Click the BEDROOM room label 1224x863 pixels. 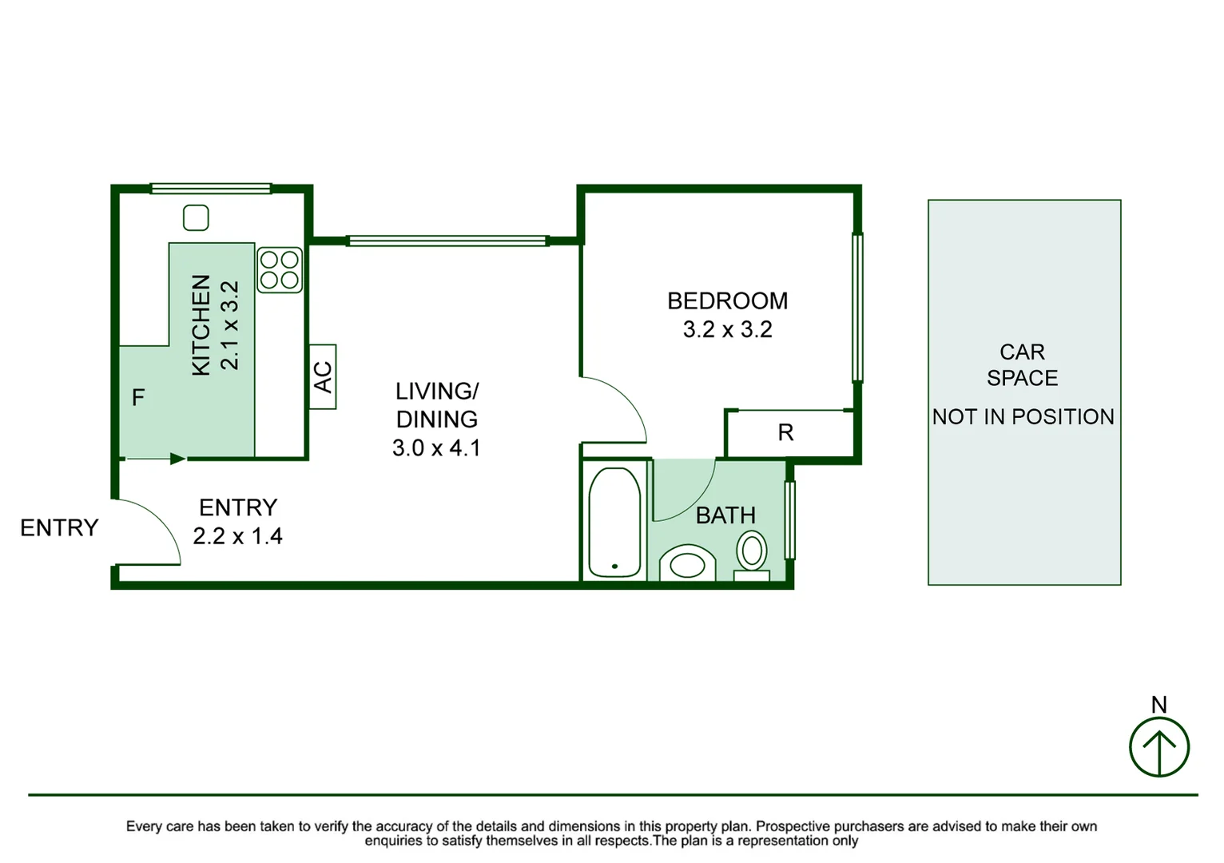coord(727,301)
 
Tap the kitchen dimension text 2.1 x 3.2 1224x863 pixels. coord(229,325)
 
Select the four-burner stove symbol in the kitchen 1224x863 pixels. coord(280,269)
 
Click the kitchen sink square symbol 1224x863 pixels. coord(196,217)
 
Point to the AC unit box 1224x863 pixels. coord(323,377)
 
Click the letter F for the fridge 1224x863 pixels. coord(138,397)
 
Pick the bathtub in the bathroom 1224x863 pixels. coord(614,523)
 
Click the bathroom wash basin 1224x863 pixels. coord(687,564)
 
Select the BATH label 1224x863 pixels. coord(725,515)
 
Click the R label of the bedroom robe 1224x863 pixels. coord(785,433)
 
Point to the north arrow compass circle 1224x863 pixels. coord(1158,747)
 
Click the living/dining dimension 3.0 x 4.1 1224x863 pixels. coord(436,447)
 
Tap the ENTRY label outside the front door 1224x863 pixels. coord(59,527)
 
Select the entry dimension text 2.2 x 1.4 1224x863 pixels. coord(237,536)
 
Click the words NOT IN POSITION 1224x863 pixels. coord(1023,417)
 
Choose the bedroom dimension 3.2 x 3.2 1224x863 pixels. coord(727,329)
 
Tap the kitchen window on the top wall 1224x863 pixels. coord(211,189)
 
